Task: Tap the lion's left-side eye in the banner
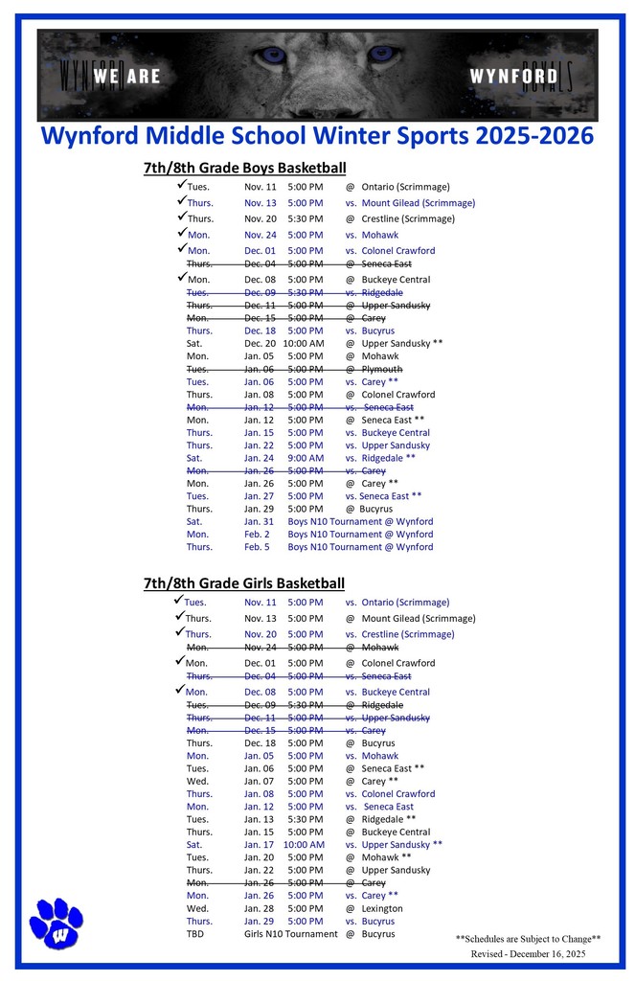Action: [273, 55]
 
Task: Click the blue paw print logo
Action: [57, 923]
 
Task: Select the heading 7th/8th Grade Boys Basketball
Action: [244, 168]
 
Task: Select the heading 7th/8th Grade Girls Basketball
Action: [244, 582]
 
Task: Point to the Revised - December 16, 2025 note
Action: [528, 954]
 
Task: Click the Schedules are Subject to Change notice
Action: [528, 939]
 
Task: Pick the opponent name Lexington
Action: [382, 908]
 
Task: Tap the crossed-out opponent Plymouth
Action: [382, 369]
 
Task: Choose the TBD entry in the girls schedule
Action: [196, 934]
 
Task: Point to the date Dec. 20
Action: [260, 343]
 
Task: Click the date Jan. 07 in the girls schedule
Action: [260, 781]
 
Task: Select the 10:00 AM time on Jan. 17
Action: [303, 844]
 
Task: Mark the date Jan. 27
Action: [260, 496]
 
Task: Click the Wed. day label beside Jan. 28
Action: [197, 908]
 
